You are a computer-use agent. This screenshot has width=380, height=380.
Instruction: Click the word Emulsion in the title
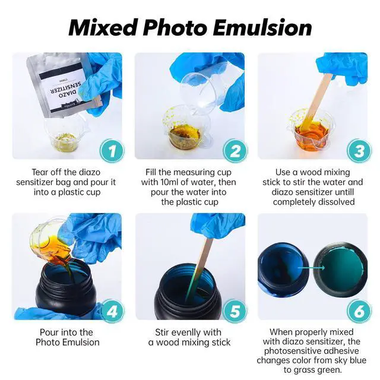262,27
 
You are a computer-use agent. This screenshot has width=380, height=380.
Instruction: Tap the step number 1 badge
112,151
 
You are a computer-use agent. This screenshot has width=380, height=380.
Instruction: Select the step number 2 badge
235,151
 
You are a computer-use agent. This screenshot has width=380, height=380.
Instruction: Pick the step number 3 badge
359,151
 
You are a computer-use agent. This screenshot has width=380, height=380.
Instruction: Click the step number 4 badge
112,311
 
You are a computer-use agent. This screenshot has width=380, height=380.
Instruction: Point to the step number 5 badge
235,311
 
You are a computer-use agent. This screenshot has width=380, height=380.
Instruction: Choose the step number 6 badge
359,311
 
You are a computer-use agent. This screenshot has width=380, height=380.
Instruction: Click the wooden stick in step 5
199,269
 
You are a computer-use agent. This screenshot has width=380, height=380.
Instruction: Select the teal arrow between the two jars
311,268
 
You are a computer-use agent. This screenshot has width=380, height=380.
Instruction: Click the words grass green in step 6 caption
313,370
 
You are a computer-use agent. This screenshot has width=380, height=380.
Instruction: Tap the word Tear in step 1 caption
39,172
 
